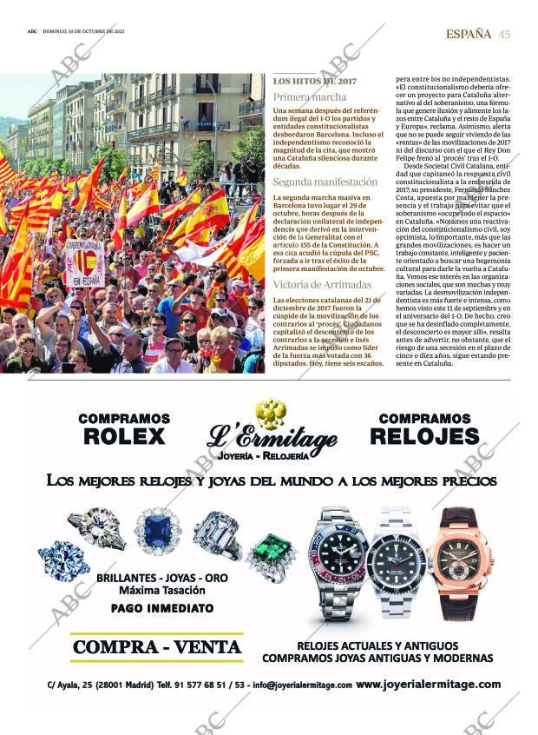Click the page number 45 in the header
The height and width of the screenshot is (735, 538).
(505, 34)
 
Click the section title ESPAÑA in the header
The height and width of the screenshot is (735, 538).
(469, 34)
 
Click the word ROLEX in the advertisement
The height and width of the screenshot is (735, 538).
(124, 436)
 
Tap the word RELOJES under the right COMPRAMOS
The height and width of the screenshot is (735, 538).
(429, 436)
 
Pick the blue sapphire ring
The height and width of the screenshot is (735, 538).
(157, 531)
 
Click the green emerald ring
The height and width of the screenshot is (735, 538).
(272, 553)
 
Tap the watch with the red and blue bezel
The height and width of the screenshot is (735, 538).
(338, 560)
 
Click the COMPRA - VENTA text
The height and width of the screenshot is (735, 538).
(156, 647)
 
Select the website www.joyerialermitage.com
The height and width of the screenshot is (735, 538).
(428, 685)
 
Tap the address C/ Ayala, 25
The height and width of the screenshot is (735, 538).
(81, 685)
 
